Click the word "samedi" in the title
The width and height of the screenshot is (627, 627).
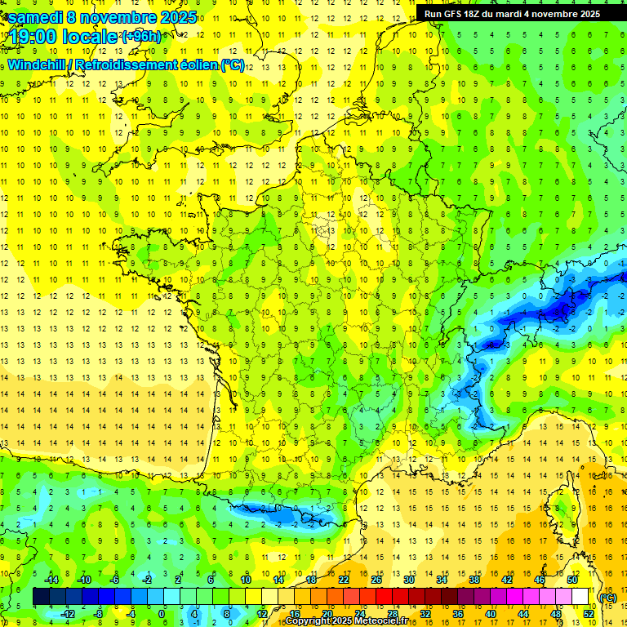35,17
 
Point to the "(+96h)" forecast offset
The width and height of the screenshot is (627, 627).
141,37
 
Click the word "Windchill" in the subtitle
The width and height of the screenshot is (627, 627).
38,64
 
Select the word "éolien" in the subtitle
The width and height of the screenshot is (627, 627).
198,64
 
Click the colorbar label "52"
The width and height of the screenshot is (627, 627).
589,614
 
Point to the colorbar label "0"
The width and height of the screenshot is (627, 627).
162,614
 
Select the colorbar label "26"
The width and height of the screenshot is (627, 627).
376,580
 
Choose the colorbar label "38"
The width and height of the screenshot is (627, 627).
474,580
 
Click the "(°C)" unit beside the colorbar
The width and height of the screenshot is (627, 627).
607,597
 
